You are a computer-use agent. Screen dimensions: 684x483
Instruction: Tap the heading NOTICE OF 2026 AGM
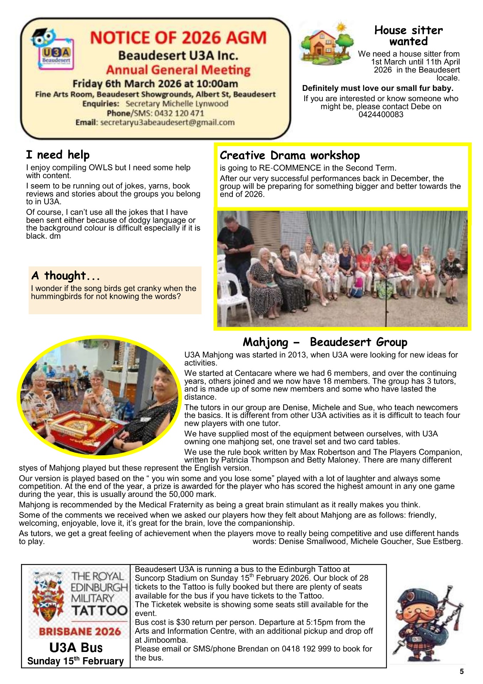click(178, 38)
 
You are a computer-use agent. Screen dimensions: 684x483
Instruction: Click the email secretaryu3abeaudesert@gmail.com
click(167, 123)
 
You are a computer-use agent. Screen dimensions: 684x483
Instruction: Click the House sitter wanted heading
click(408, 36)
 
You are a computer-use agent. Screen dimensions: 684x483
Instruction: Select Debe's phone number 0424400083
click(381, 115)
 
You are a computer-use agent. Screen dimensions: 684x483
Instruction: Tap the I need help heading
click(58, 155)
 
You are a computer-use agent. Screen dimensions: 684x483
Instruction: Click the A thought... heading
click(65, 276)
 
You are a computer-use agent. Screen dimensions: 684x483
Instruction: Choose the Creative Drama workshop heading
click(290, 156)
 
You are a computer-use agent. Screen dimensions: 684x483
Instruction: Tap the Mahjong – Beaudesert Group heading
click(325, 342)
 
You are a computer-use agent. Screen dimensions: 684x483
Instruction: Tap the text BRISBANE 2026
click(80, 632)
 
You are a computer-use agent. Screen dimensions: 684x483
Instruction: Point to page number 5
click(462, 672)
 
